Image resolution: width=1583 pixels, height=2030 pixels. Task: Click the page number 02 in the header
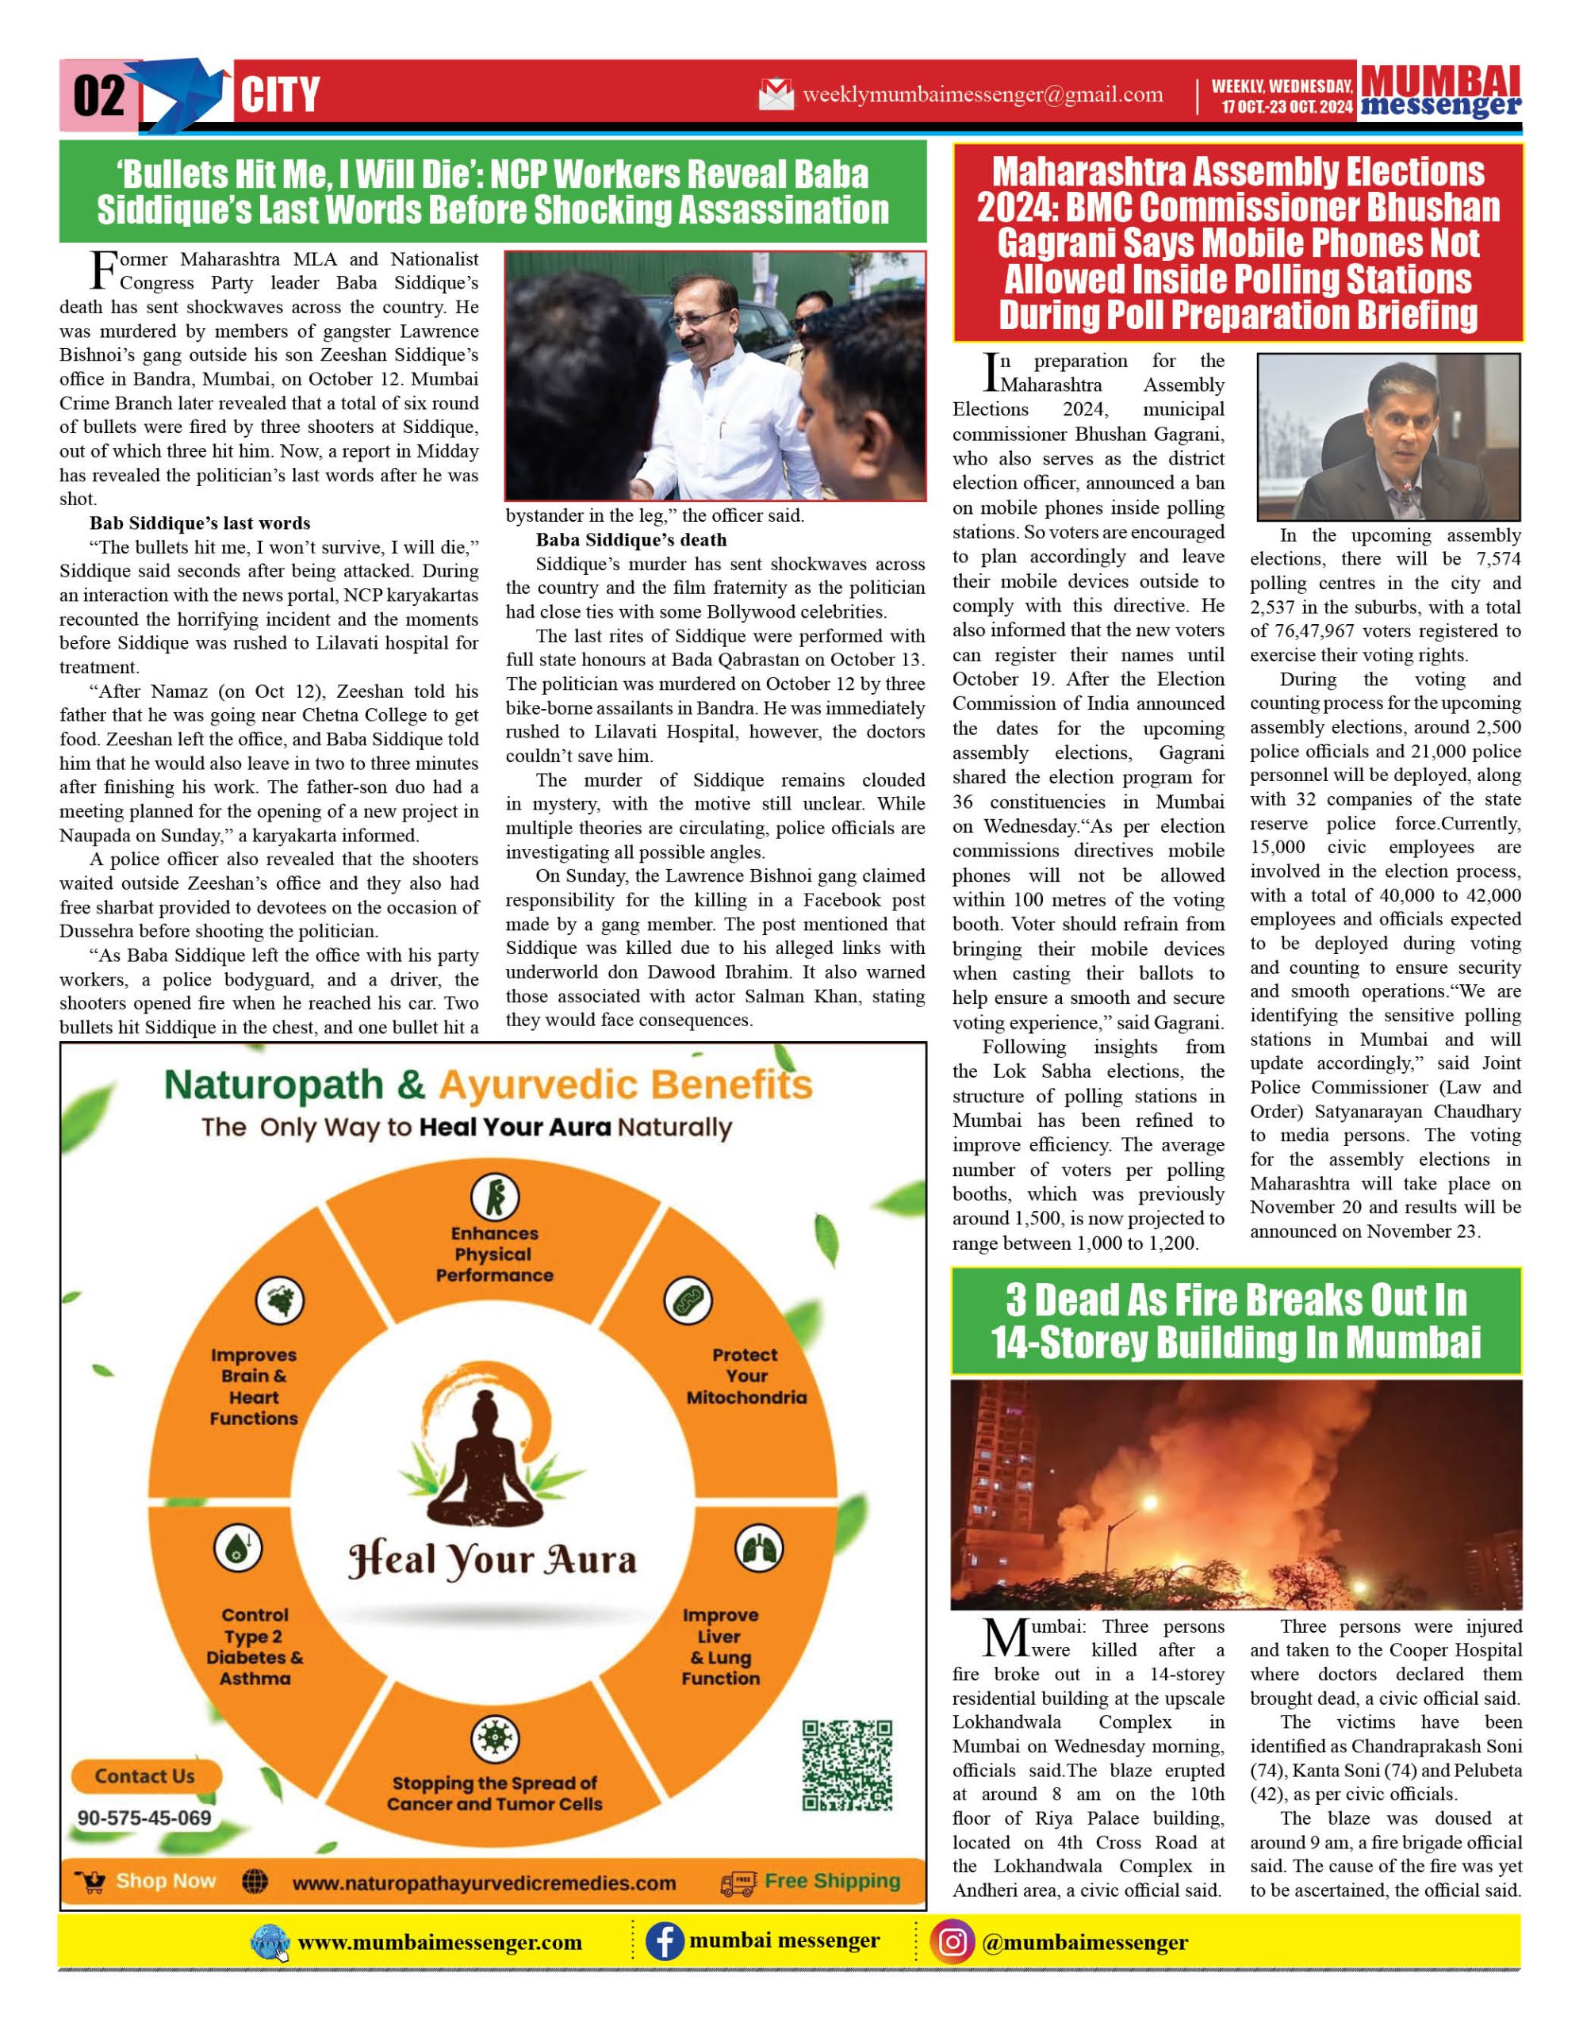click(98, 96)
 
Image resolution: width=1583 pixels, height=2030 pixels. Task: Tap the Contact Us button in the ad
click(145, 1776)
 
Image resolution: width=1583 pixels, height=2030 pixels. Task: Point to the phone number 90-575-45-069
click(144, 1817)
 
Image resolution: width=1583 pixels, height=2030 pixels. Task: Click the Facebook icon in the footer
click(665, 1942)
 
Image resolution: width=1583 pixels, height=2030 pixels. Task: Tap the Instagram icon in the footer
click(952, 1942)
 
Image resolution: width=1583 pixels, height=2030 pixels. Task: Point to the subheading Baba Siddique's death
click(631, 540)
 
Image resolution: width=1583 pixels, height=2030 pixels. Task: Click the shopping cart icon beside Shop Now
click(92, 1883)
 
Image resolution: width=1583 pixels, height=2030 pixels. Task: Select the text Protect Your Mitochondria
click(746, 1376)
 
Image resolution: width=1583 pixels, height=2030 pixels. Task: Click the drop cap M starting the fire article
click(1005, 1640)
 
